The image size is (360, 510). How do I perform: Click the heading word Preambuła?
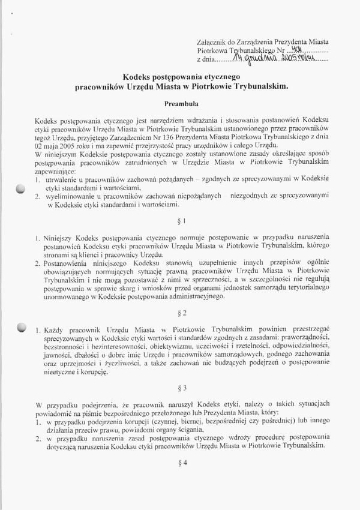point(181,104)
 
